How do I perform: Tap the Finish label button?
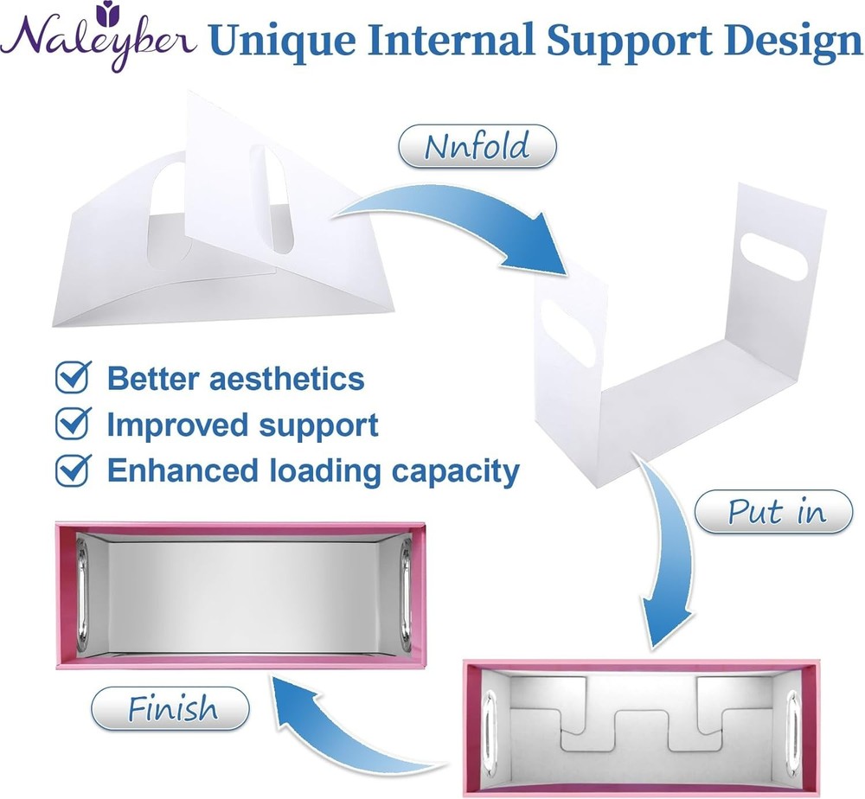point(171,710)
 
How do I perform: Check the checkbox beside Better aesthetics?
point(72,377)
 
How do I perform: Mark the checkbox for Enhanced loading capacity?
point(72,470)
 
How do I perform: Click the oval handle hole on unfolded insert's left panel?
point(573,336)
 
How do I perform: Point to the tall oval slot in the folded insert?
point(279,199)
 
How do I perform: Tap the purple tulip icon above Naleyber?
point(108,11)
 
